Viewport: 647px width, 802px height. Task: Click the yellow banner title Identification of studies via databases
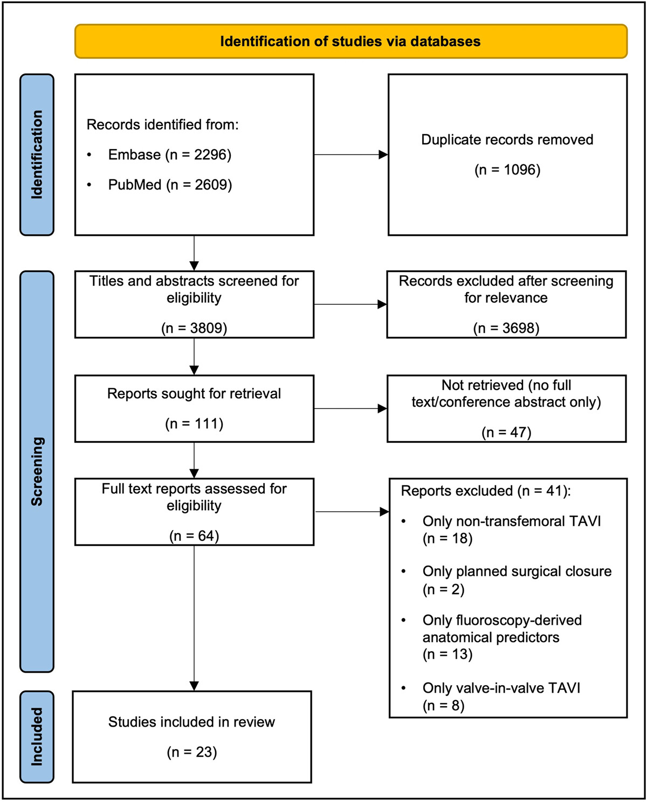click(x=350, y=41)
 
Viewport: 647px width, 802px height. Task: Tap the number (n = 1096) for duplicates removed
click(x=507, y=170)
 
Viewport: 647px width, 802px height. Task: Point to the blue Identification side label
click(x=37, y=155)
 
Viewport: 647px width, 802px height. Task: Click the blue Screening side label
click(x=37, y=472)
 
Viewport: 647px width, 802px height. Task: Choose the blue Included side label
click(x=37, y=737)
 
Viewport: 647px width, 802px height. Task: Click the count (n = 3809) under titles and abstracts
click(x=194, y=329)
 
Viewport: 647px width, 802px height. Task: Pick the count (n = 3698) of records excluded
click(x=506, y=329)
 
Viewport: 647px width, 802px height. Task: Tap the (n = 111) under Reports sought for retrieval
click(x=194, y=424)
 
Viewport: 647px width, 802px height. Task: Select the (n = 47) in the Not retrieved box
click(x=506, y=433)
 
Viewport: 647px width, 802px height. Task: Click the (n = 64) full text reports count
click(x=194, y=536)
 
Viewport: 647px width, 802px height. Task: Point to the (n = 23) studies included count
click(x=192, y=752)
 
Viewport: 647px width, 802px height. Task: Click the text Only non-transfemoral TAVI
click(x=512, y=521)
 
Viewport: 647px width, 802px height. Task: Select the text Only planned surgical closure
click(x=517, y=571)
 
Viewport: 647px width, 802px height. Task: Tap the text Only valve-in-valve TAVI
click(x=501, y=688)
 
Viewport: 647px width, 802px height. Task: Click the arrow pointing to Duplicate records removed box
click(x=351, y=155)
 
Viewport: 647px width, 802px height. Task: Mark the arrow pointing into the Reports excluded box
click(x=352, y=512)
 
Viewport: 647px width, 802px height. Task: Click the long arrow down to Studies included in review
click(x=194, y=618)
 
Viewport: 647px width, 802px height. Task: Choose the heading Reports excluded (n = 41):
click(x=486, y=491)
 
